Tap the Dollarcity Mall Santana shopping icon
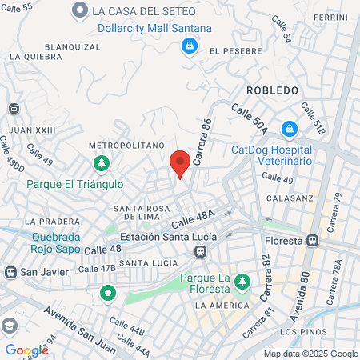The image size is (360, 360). pyautogui.click(x=189, y=46)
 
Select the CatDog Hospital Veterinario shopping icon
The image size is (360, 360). pyautogui.click(x=289, y=128)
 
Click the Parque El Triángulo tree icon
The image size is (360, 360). pyautogui.click(x=102, y=164)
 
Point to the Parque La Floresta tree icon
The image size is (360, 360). pyautogui.click(x=242, y=281)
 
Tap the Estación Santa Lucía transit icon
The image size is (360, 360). pyautogui.click(x=200, y=252)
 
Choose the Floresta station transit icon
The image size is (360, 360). pyautogui.click(x=313, y=240)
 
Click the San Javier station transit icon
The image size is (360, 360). pyautogui.click(x=11, y=271)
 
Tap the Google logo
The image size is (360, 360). pyautogui.click(x=26, y=350)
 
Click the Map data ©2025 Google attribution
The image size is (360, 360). pyautogui.click(x=311, y=354)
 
